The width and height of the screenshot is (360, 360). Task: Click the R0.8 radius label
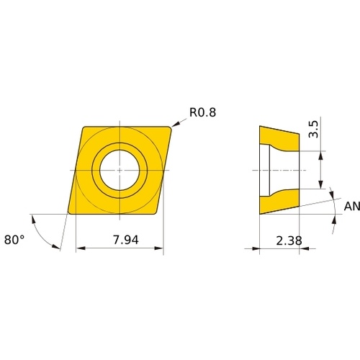point(202,112)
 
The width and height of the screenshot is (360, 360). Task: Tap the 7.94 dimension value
point(126,240)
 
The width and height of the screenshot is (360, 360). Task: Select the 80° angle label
point(14,240)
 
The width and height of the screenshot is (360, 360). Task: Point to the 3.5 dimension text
point(313,129)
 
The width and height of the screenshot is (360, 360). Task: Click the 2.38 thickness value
point(289,240)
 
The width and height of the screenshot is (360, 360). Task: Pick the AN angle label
point(352,207)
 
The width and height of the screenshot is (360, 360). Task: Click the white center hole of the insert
point(120,170)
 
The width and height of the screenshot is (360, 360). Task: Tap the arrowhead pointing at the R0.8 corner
point(176,124)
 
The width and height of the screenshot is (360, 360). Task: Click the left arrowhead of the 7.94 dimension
point(81,248)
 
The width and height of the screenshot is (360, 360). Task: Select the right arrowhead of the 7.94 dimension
point(158,248)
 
